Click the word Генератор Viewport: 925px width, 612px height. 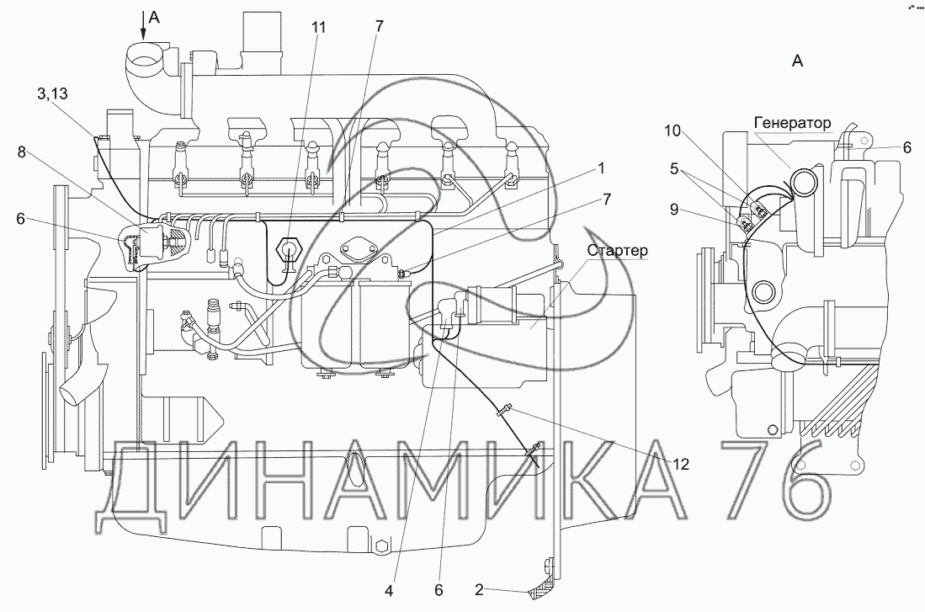pos(792,123)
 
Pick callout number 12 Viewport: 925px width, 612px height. pos(681,463)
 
